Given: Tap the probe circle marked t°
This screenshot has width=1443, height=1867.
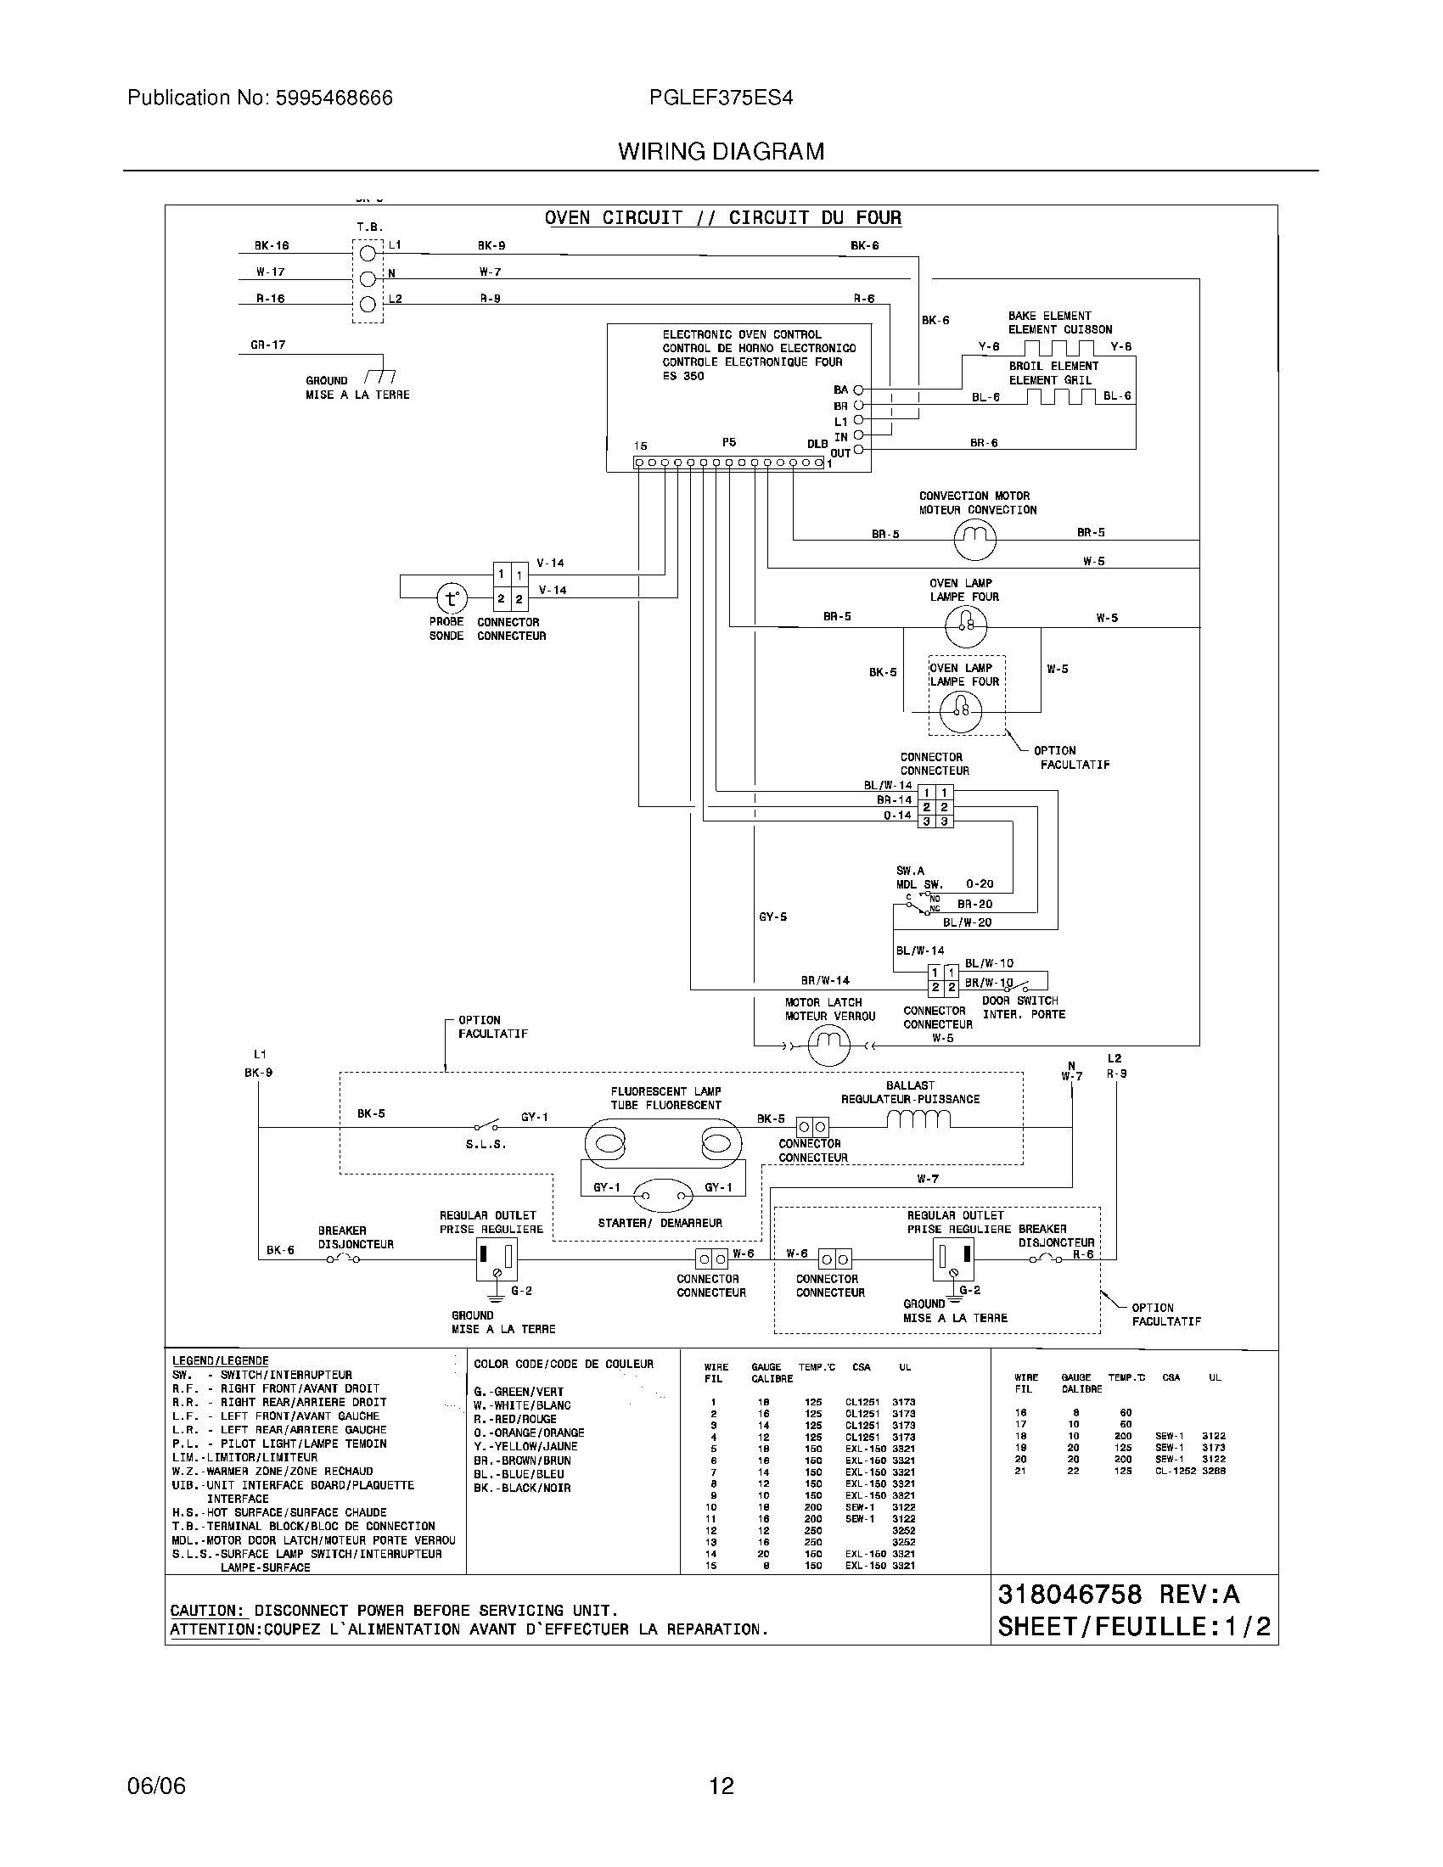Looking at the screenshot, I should [452, 598].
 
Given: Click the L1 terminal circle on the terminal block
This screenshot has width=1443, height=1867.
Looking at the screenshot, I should [368, 253].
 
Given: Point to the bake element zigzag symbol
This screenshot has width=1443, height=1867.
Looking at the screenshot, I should [1059, 347].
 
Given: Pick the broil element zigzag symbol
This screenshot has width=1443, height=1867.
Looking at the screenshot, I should [1060, 396].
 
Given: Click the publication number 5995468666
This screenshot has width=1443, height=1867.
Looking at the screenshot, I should [334, 98].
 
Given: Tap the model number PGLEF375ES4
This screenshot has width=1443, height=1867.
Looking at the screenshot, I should [721, 98].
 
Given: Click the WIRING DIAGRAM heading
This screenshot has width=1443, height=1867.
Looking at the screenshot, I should [721, 152].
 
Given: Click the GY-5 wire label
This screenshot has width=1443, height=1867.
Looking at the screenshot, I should [772, 917].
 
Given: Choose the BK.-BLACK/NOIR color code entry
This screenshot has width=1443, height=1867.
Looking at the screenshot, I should [521, 1489].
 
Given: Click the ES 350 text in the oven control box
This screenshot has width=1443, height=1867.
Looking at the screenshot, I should [682, 376].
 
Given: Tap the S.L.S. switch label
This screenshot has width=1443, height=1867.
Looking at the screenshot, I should [486, 1144].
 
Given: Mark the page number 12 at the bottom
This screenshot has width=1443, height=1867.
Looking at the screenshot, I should [721, 1786].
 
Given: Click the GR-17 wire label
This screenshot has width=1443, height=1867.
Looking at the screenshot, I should [267, 345].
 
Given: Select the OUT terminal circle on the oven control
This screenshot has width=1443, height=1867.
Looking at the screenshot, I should [858, 451].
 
